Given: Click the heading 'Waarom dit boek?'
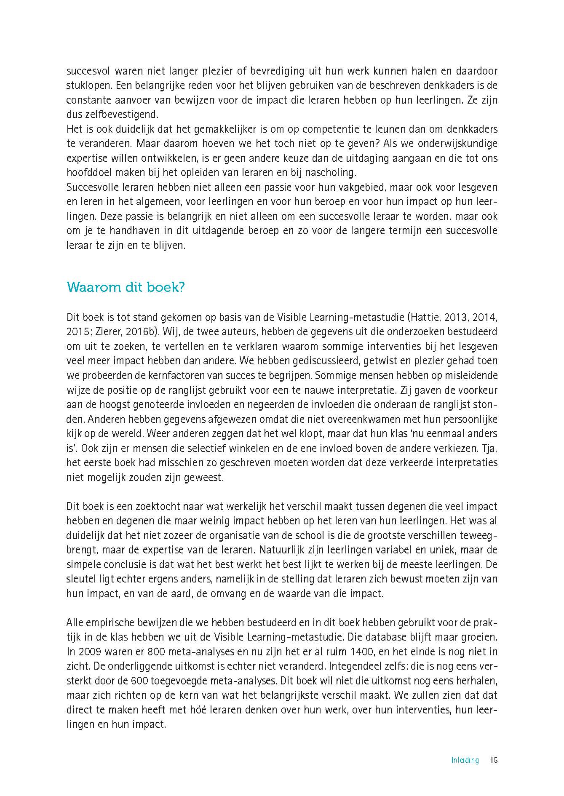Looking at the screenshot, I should (126, 288).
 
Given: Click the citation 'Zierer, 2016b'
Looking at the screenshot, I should (126, 331).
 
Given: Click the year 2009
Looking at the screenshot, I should (87, 652).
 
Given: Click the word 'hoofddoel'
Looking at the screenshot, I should (88, 172).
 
